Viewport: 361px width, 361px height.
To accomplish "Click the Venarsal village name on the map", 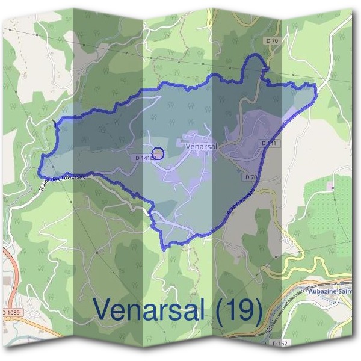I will (202, 146).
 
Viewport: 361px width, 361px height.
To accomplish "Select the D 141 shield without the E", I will (269, 143).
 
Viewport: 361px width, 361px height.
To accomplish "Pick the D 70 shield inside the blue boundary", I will (251, 177).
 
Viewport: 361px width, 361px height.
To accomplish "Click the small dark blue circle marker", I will (158, 153).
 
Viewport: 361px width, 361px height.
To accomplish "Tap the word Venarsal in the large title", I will (153, 310).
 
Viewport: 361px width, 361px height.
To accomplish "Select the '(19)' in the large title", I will (239, 310).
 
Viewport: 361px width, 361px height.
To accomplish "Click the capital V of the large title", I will (103, 310).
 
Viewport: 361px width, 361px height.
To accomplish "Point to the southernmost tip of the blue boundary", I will (164, 248).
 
